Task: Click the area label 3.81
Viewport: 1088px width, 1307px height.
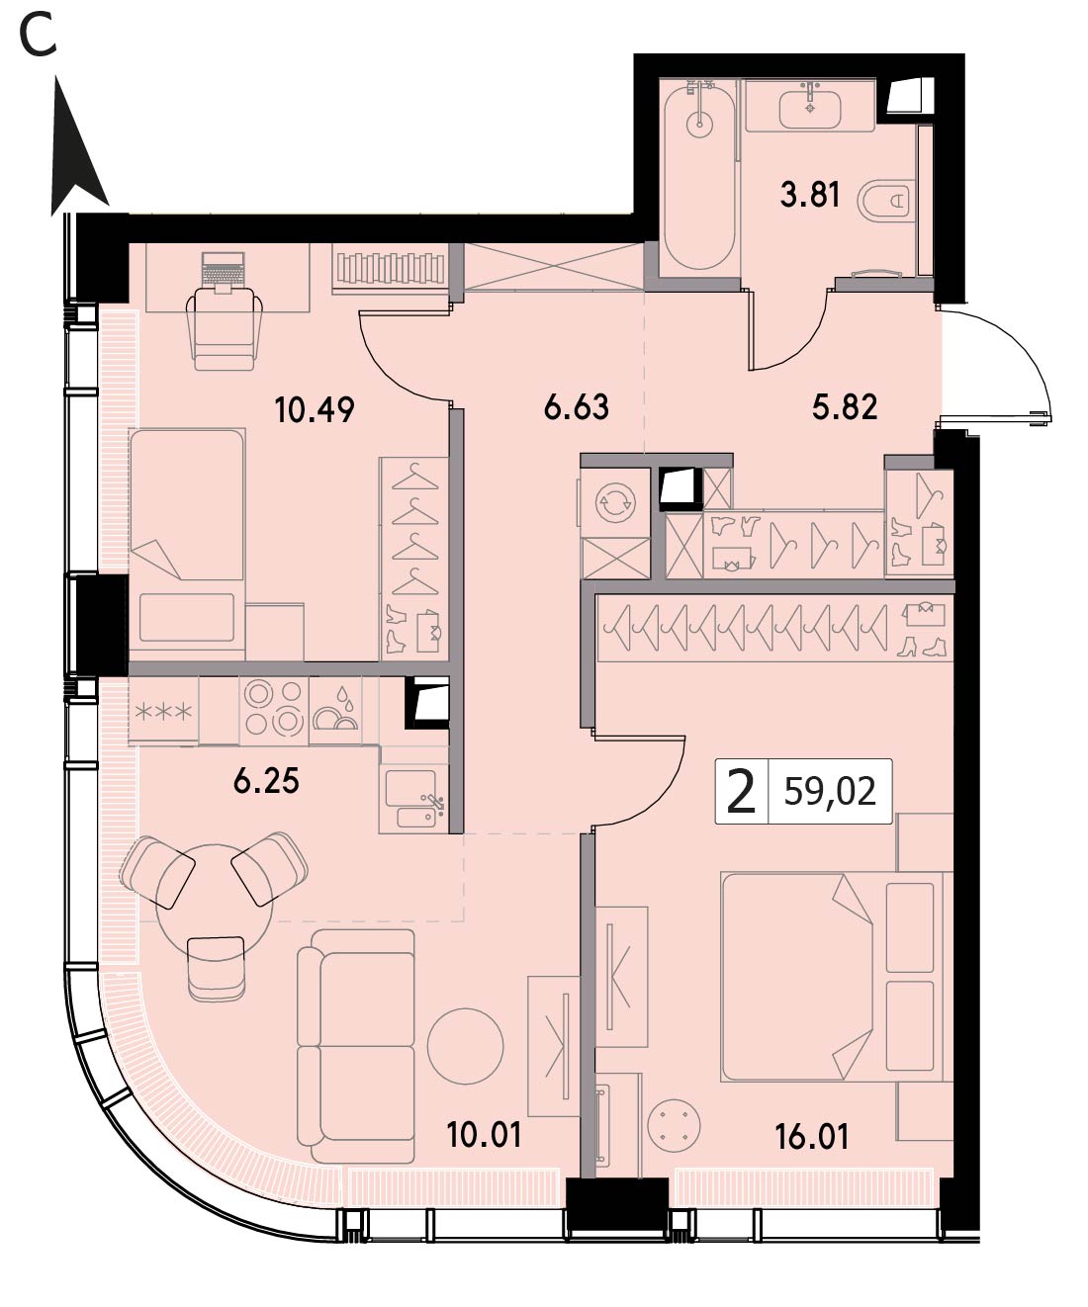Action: (x=809, y=194)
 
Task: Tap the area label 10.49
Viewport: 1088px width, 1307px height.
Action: (x=315, y=410)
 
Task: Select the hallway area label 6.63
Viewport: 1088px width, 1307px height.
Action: (x=576, y=406)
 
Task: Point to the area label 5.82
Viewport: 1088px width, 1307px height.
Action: (x=845, y=406)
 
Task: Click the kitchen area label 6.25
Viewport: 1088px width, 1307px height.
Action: (x=266, y=781)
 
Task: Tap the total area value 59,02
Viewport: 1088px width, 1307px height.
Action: (x=829, y=791)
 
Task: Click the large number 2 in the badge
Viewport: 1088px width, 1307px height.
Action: (x=741, y=791)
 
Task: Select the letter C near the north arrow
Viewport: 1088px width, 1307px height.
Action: (x=38, y=37)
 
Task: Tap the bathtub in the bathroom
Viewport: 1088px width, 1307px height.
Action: (x=699, y=178)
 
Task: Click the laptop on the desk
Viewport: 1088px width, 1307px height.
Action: (x=223, y=272)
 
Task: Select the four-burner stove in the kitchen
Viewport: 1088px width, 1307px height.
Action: (x=274, y=711)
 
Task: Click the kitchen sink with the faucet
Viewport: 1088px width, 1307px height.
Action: (x=413, y=799)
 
